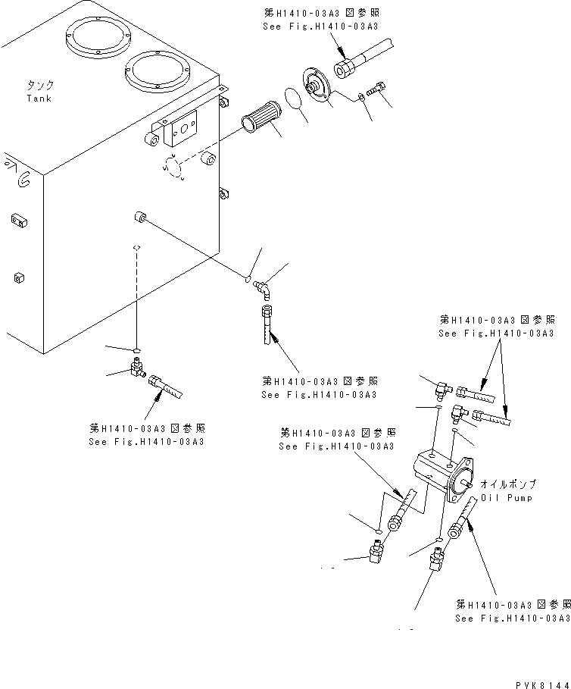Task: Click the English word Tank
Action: pos(39,99)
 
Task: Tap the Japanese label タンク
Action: pos(39,86)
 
